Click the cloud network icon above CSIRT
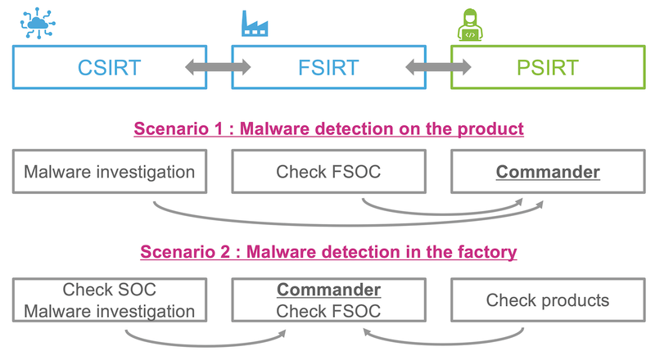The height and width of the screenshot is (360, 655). [x=38, y=23]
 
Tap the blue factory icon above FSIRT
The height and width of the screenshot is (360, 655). [x=255, y=24]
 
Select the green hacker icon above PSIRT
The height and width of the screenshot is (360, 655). [x=470, y=25]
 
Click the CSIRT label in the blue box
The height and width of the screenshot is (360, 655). [x=110, y=68]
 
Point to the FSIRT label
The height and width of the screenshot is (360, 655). [x=328, y=68]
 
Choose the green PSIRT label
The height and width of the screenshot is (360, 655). [x=548, y=68]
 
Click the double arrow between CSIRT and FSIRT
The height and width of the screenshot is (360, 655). [x=218, y=67]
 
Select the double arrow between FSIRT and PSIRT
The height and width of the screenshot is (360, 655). [x=438, y=67]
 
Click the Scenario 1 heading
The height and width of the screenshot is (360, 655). [x=329, y=128]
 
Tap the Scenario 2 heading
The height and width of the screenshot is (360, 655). [x=329, y=252]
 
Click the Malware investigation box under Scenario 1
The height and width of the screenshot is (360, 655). [x=110, y=172]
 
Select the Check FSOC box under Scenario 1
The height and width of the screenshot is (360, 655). [x=329, y=172]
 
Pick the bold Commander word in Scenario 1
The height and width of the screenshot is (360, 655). [x=548, y=172]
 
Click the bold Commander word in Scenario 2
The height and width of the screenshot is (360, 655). [x=329, y=290]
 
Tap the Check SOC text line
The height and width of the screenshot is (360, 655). [x=110, y=290]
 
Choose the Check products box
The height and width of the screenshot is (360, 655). [x=548, y=299]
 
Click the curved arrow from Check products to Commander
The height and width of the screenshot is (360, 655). [x=443, y=344]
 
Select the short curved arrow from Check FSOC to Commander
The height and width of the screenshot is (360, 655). [x=443, y=214]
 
